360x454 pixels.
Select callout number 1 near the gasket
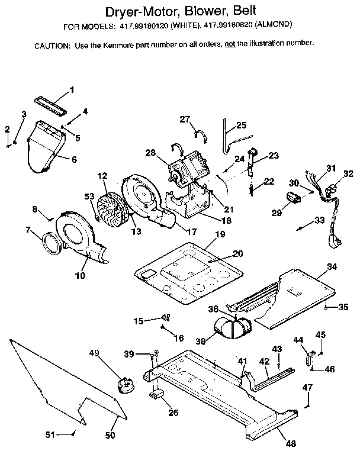(x=72, y=90)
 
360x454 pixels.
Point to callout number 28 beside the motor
(x=150, y=153)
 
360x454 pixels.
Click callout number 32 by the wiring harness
(x=348, y=173)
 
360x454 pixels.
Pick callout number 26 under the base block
(x=173, y=413)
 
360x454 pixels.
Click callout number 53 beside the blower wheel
(x=89, y=197)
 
